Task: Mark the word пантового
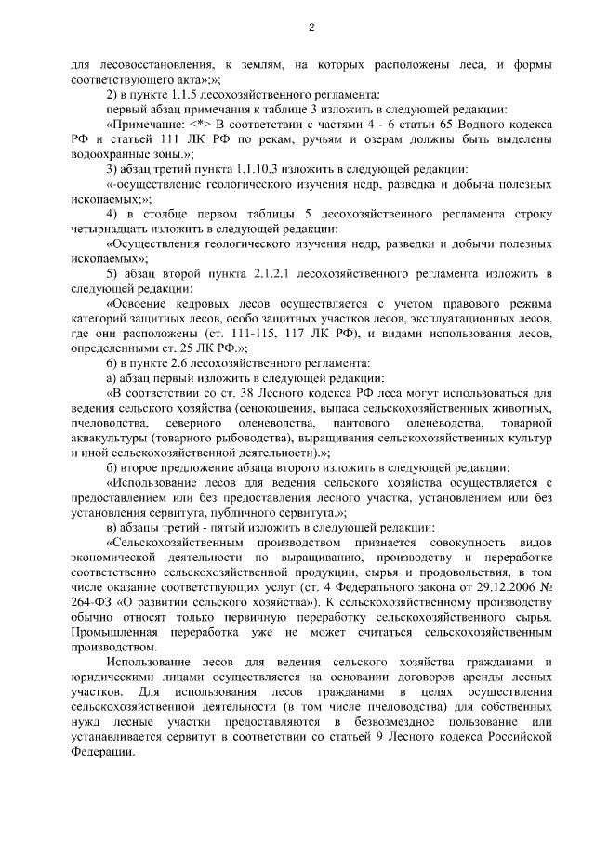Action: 350,421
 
